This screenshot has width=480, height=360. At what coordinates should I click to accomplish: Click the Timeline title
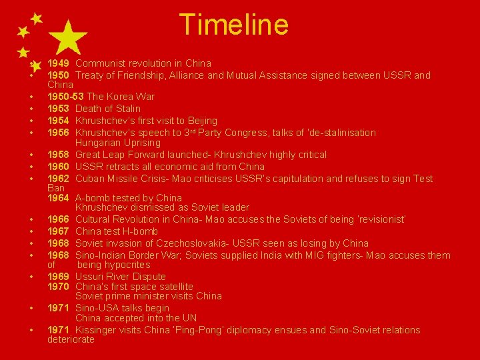point(234,25)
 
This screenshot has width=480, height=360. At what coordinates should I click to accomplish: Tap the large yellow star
point(69,37)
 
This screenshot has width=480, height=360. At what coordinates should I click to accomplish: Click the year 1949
point(59,63)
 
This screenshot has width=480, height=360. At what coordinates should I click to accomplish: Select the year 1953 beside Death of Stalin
point(59,109)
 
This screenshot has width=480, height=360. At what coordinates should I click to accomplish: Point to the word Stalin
point(126,109)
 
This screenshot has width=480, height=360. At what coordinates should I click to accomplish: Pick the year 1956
point(59,133)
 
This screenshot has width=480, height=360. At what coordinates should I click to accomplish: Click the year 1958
point(59,155)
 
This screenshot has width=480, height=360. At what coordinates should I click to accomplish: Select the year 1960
point(59,167)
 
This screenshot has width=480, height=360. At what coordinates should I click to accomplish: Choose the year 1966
point(59,219)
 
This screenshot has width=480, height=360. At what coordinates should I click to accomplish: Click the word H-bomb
point(142,231)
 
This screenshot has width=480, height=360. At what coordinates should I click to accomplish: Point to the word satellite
point(173,287)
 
